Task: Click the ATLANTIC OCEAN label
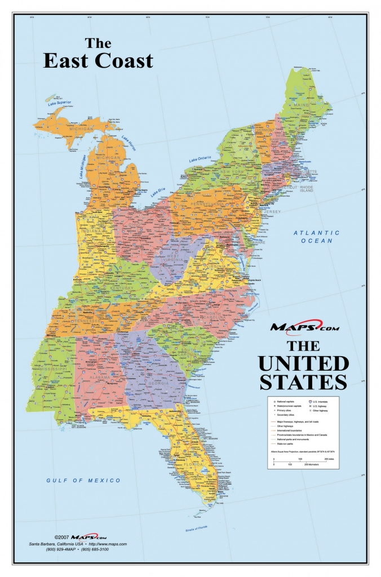tap(316, 237)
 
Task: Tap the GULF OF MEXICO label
tap(83, 480)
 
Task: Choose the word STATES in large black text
tap(303, 381)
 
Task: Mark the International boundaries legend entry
tap(289, 431)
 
